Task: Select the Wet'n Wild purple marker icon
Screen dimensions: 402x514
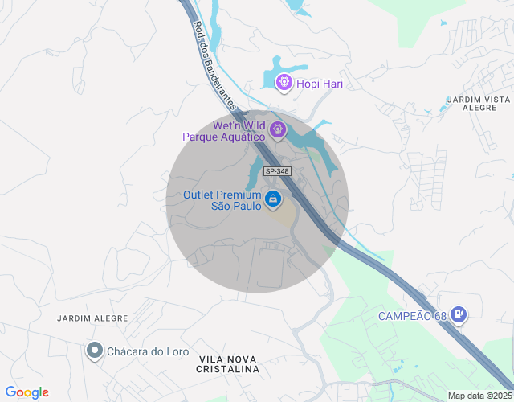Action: click(278, 129)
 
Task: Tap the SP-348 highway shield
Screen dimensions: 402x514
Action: click(277, 171)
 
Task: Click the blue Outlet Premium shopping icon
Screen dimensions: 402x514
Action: click(273, 199)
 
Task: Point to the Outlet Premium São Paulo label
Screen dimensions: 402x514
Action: click(222, 200)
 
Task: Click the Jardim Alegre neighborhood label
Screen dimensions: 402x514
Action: click(92, 318)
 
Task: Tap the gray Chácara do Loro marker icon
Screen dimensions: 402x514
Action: click(95, 350)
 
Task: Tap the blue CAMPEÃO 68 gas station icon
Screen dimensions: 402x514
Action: click(458, 314)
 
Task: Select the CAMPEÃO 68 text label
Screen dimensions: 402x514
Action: click(411, 315)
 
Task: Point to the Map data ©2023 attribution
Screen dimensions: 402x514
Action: click(479, 396)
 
